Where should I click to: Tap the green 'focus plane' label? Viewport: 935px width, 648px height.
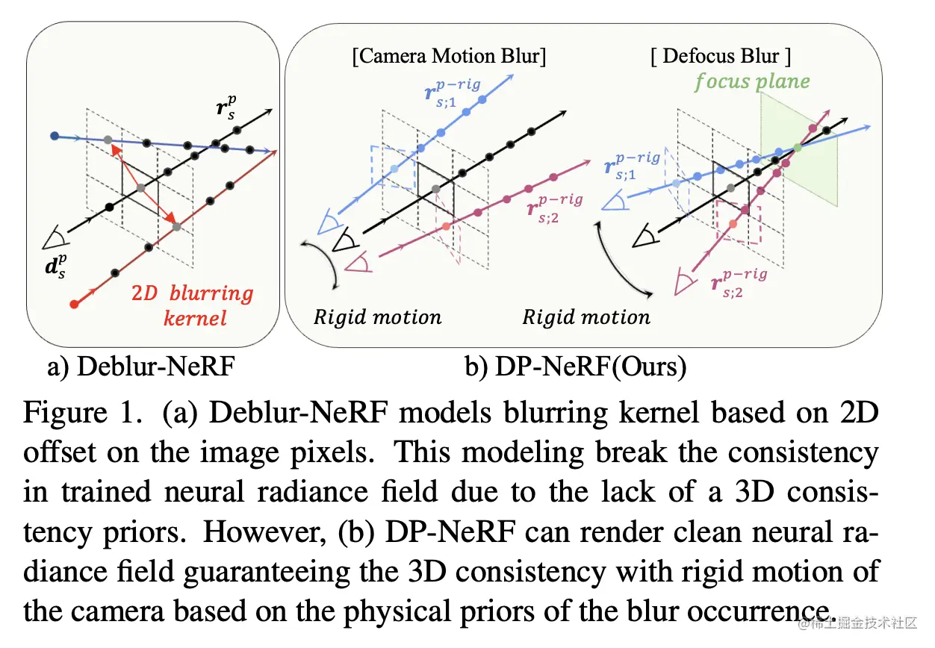[x=751, y=81]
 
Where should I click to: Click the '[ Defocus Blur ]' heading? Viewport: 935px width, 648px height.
[x=721, y=56]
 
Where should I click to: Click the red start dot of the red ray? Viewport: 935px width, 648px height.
[x=74, y=304]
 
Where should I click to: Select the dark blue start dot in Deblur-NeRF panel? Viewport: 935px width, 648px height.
[x=54, y=136]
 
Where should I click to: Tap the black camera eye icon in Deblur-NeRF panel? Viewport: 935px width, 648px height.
[x=55, y=238]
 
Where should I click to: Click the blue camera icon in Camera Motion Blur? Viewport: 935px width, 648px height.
[x=329, y=222]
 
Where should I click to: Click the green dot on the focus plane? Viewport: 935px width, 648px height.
[x=798, y=148]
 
